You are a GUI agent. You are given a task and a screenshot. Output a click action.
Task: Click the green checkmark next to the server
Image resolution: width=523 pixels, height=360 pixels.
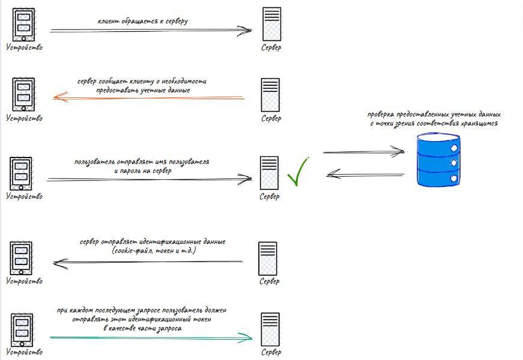click(x=297, y=172)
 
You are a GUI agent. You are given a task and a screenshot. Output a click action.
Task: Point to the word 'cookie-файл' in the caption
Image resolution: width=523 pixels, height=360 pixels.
click(x=135, y=249)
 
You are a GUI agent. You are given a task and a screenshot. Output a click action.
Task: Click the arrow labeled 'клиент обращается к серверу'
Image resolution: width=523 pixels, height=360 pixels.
click(x=150, y=29)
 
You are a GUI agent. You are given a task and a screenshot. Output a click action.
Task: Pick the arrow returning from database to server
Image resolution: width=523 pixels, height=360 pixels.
click(x=365, y=175)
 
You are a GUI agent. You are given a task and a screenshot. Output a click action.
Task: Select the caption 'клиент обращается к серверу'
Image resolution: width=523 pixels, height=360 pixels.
click(x=143, y=21)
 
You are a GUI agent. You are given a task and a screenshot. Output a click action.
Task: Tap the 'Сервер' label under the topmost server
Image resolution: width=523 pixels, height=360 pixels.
click(x=271, y=47)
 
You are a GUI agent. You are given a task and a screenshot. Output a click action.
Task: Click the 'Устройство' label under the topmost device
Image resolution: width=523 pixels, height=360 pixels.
click(x=25, y=47)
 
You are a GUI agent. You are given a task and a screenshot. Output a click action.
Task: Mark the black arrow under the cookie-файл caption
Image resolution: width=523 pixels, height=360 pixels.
click(x=148, y=262)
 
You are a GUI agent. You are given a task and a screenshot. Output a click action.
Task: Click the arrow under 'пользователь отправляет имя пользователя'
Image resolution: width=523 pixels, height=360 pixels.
click(x=150, y=179)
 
